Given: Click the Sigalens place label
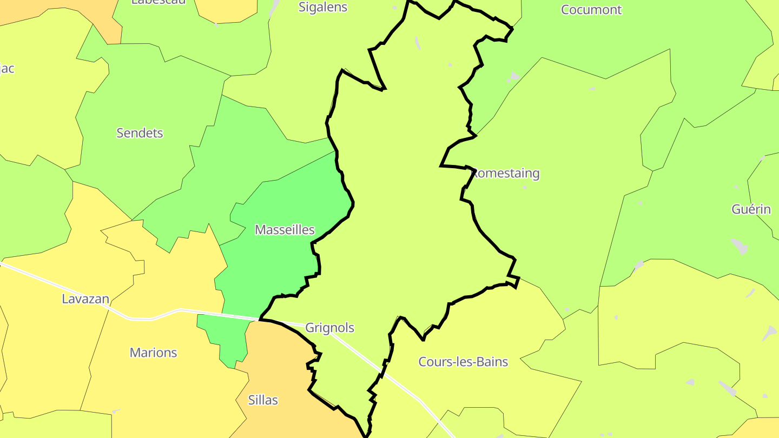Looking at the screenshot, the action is pos(323,8).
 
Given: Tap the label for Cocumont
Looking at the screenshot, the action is pos(591,10).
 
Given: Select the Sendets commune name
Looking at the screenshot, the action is pos(140,133).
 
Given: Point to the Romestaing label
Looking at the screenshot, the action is pos(506,174).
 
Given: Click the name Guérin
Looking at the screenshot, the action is pos(751,209).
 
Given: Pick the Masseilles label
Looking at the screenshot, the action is pos(285,230).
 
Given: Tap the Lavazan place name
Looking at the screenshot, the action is pos(85,299).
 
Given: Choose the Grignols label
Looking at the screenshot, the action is pos(329,328).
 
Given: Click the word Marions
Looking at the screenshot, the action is pos(153,353).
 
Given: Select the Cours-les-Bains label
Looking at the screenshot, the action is pos(463,362).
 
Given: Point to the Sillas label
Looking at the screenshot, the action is pos(263,400).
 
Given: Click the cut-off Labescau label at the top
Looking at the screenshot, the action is pos(159,2).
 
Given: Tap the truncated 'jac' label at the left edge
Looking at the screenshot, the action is pos(7,69).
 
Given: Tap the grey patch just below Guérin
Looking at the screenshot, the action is pos(740,246).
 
